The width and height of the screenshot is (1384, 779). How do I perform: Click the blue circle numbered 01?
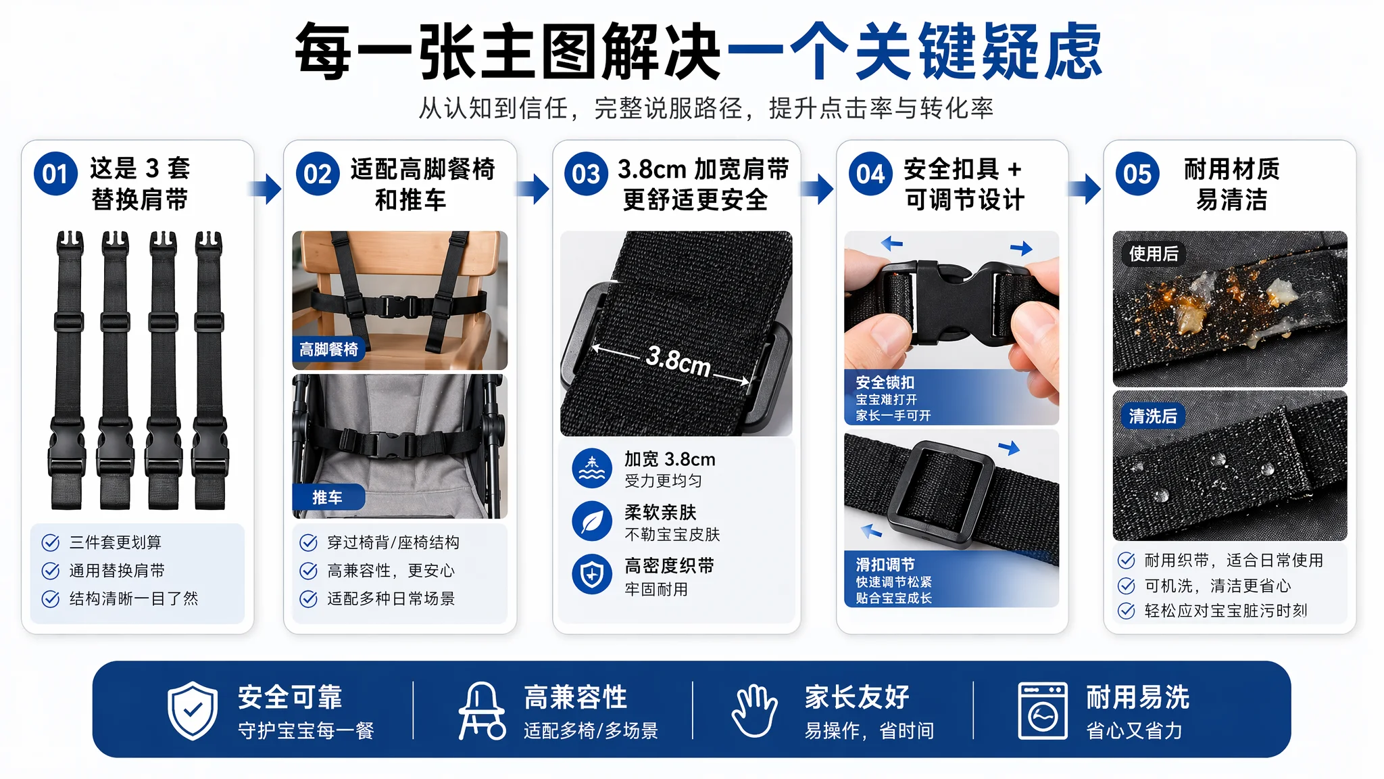[x=55, y=174]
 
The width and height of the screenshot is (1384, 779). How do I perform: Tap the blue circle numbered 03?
[x=586, y=174]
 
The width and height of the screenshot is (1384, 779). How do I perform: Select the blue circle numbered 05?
[x=1137, y=174]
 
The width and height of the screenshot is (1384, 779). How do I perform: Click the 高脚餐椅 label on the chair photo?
[x=328, y=349]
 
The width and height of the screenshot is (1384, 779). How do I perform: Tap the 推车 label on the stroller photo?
[x=328, y=497]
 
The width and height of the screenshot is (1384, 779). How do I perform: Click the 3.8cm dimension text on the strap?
[x=678, y=361]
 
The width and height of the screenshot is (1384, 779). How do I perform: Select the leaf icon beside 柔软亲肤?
[x=592, y=521]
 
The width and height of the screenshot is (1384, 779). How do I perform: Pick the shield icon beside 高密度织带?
[x=592, y=575]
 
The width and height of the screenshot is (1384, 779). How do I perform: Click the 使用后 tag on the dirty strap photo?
[x=1154, y=254]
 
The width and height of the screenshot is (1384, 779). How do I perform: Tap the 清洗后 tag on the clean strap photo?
[x=1153, y=416]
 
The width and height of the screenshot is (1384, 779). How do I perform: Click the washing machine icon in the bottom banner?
[x=1043, y=711]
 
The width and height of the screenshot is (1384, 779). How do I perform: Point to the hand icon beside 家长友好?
[x=754, y=711]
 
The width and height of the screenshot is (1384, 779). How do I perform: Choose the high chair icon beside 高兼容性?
[x=481, y=711]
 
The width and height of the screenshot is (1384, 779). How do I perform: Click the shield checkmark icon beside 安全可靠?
[x=193, y=711]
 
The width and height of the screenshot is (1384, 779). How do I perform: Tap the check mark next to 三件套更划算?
[x=51, y=542]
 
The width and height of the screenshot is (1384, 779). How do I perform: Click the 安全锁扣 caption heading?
[x=885, y=382]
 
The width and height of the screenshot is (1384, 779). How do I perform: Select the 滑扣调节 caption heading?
[x=885, y=565]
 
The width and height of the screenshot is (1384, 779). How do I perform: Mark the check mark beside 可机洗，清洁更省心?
[x=1127, y=586]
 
